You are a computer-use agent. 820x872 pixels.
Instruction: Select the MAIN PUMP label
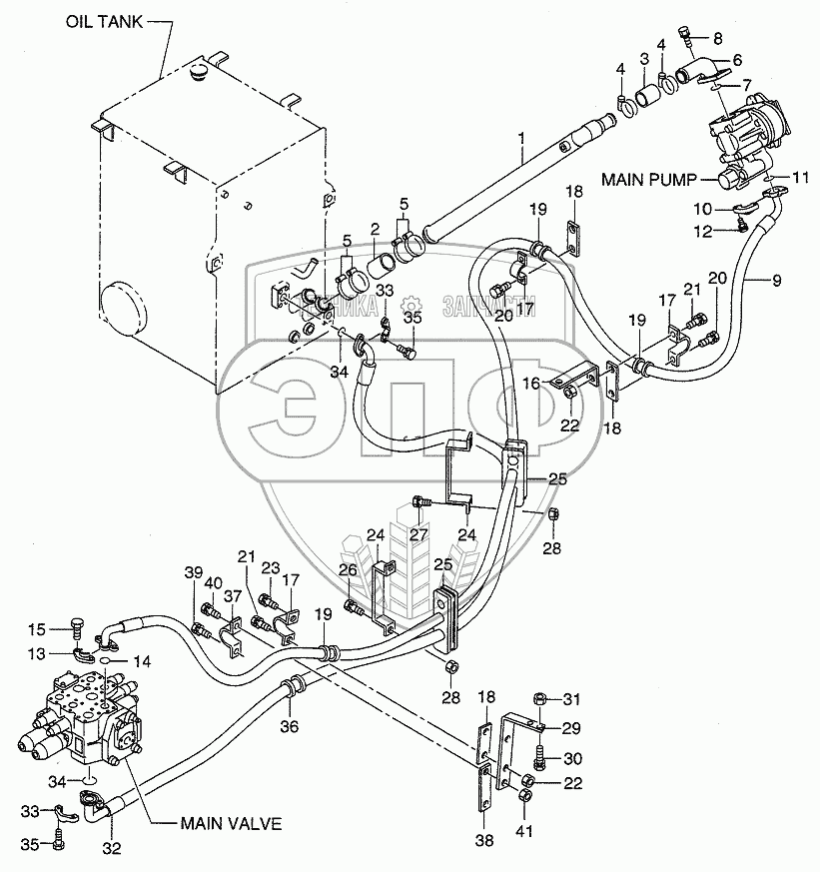pyautogui.click(x=648, y=180)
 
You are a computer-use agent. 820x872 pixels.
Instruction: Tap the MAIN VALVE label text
pyautogui.click(x=231, y=824)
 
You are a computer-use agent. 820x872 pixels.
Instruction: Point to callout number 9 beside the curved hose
pyautogui.click(x=777, y=280)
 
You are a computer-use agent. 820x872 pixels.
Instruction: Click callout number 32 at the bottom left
pyautogui.click(x=111, y=849)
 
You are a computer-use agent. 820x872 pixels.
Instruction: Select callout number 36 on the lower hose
pyautogui.click(x=290, y=726)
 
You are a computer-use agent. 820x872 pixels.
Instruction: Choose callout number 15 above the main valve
pyautogui.click(x=37, y=629)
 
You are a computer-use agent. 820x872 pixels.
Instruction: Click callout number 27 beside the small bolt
pyautogui.click(x=418, y=534)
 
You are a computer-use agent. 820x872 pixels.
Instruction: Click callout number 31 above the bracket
pyautogui.click(x=570, y=697)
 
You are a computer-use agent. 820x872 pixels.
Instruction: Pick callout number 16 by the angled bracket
pyautogui.click(x=561, y=383)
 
